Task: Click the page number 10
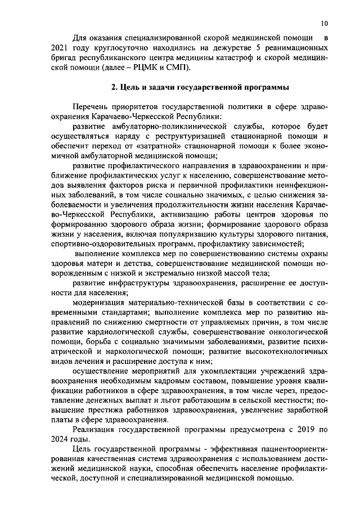pos(325,23)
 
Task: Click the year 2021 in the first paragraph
pos(60,48)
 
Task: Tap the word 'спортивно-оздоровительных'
pos(100,244)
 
